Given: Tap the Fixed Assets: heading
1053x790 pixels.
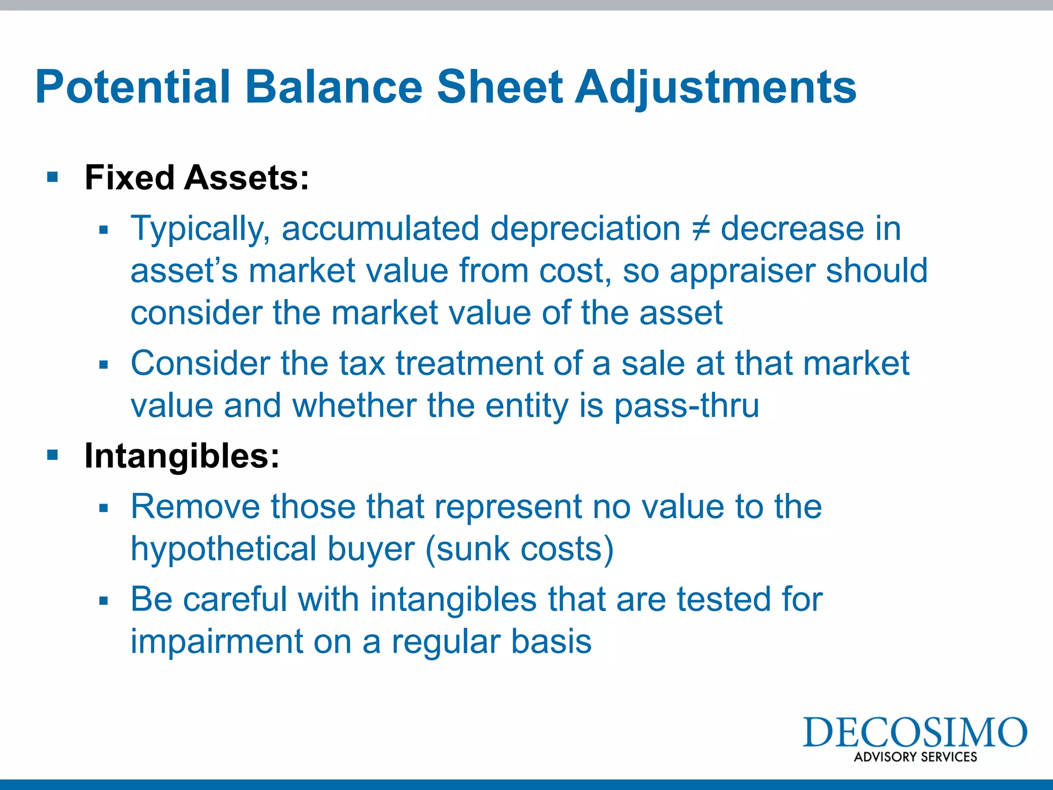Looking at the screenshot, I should pos(197,178).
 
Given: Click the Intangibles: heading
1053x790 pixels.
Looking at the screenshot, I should pos(182,456).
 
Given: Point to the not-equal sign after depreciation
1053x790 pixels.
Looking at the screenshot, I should pos(700,228).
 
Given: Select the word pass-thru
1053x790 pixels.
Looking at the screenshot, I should pos(686,406).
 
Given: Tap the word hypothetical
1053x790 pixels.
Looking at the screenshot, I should pos(223,549).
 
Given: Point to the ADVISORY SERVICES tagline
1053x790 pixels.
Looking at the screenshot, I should pos(915,757).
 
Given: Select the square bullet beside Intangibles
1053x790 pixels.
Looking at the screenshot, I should pos(52,455).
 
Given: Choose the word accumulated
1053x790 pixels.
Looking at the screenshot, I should pos(380,228).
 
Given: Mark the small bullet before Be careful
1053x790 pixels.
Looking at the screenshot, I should pos(104,601).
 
